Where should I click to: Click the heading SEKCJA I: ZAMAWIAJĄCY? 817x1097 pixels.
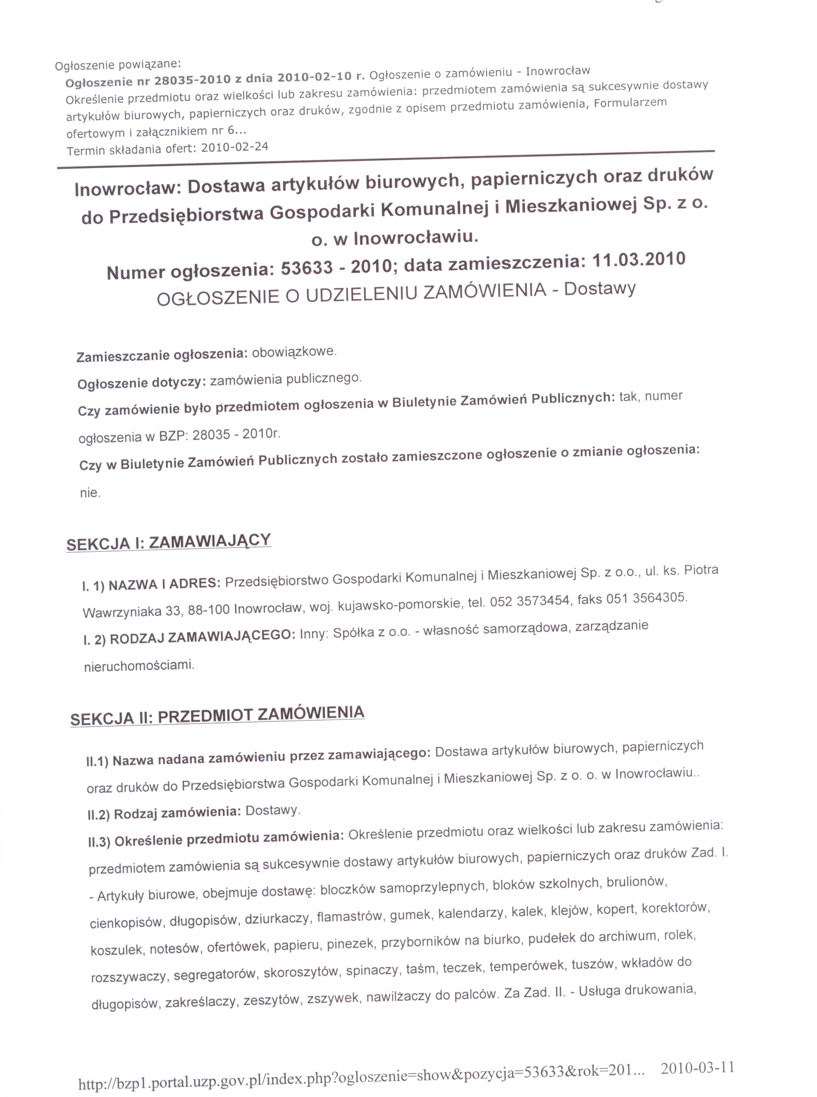coord(168,542)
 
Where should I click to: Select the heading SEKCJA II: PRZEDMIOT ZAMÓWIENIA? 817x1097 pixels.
coord(217,715)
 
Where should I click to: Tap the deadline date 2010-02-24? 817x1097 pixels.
coord(235,147)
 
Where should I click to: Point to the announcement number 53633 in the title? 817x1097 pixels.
coord(307,268)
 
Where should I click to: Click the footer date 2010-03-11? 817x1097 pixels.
coord(697,1068)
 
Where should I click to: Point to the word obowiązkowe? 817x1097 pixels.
coord(294,352)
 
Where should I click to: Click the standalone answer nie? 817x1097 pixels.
coord(89,493)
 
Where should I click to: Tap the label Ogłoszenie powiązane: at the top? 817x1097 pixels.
coord(118,64)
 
